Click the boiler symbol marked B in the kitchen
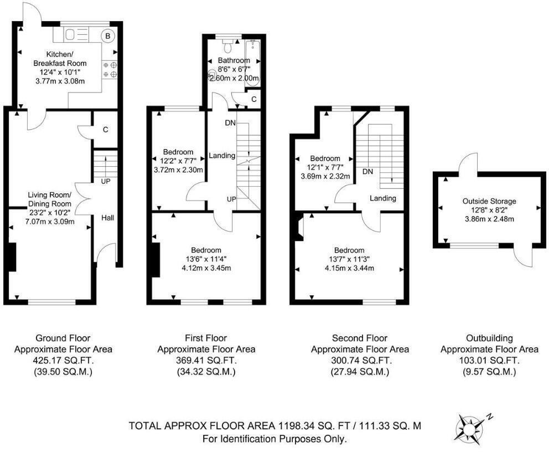point(108,35)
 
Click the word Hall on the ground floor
point(107,218)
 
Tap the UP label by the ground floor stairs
point(105,181)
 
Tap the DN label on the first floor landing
point(230,122)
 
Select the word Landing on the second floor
point(382,198)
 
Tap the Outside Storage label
point(490,201)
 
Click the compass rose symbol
point(469,428)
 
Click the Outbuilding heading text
point(489,338)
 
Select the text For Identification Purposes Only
point(275,439)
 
